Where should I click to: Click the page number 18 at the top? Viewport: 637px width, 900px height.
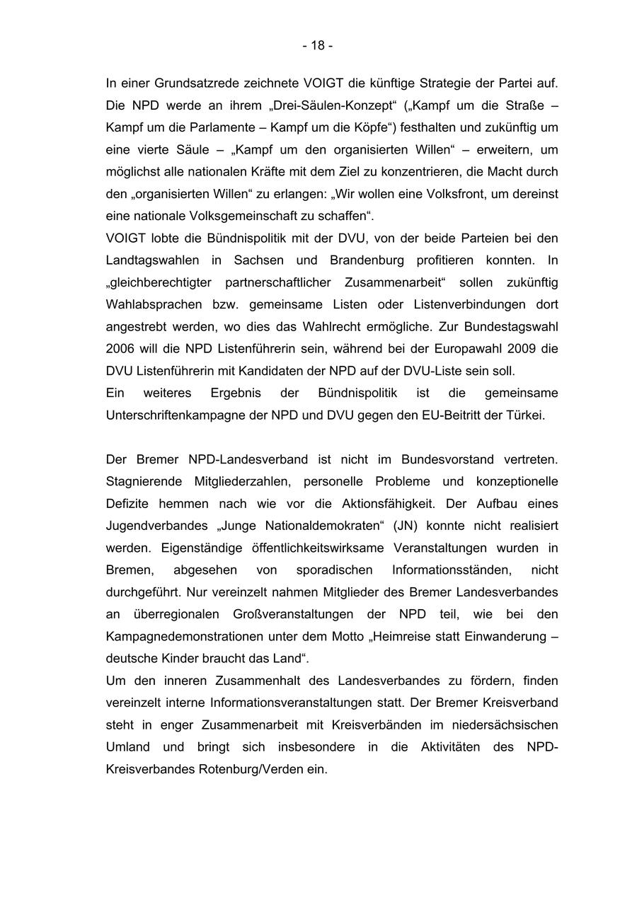[318, 46]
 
